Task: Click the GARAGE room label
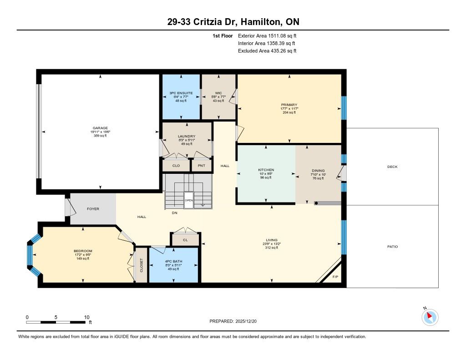pyautogui.click(x=100, y=128)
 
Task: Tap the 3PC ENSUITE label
pyautogui.click(x=181, y=93)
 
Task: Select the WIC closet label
pyautogui.click(x=218, y=93)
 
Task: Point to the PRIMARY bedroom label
pyautogui.click(x=289, y=105)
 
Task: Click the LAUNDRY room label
pyautogui.click(x=187, y=136)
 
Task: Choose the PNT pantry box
pyautogui.click(x=202, y=166)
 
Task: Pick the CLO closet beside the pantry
pyautogui.click(x=176, y=166)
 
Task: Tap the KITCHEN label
pyautogui.click(x=266, y=170)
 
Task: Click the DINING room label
pyautogui.click(x=318, y=171)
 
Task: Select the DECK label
pyautogui.click(x=392, y=167)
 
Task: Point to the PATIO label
pyautogui.click(x=393, y=246)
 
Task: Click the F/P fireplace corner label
pyautogui.click(x=335, y=277)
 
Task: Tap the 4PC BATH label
pyautogui.click(x=173, y=261)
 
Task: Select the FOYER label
pyautogui.click(x=93, y=209)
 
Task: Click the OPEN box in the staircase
pyautogui.click(x=189, y=200)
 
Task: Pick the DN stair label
pyautogui.click(x=174, y=213)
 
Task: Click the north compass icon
pyautogui.click(x=430, y=317)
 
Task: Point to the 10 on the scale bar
pyautogui.click(x=86, y=317)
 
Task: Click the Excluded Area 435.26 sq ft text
pyautogui.click(x=267, y=51)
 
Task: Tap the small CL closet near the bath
pyautogui.click(x=186, y=240)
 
